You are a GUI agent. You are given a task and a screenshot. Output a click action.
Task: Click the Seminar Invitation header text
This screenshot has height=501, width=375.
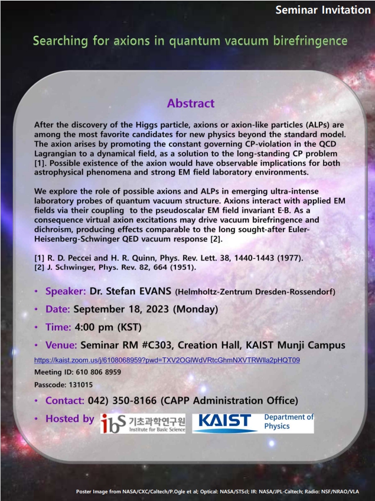tap(323, 10)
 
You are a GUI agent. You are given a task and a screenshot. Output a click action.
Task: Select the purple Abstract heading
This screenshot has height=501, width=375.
tap(191, 103)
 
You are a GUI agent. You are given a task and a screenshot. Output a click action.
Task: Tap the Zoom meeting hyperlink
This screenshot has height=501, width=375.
tap(167, 360)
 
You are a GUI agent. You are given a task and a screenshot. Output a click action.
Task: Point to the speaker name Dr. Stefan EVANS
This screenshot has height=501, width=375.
tap(131, 291)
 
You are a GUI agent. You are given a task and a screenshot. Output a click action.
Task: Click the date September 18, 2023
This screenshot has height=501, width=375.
tap(121, 309)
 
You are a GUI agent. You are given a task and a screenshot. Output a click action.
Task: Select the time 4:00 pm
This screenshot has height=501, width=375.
tap(94, 327)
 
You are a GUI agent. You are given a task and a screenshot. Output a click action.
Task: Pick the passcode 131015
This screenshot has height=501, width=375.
tap(81, 385)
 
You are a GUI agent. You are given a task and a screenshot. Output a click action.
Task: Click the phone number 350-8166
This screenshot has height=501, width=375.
tap(135, 401)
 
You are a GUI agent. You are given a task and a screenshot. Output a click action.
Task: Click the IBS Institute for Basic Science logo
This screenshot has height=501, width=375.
tap(143, 424)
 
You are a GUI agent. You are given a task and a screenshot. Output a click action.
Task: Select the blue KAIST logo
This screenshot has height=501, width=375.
tap(225, 423)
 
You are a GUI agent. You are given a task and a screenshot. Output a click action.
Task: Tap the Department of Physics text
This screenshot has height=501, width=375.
tap(289, 421)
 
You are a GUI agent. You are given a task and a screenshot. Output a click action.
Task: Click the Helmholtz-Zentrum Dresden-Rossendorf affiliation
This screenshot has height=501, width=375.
tap(255, 292)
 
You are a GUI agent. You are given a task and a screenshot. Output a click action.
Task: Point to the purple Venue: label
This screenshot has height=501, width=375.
tap(61, 345)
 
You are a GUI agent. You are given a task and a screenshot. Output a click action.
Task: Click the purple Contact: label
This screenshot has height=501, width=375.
tap(65, 401)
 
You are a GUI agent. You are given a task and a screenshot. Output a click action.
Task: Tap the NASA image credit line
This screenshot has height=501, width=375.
tap(217, 492)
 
